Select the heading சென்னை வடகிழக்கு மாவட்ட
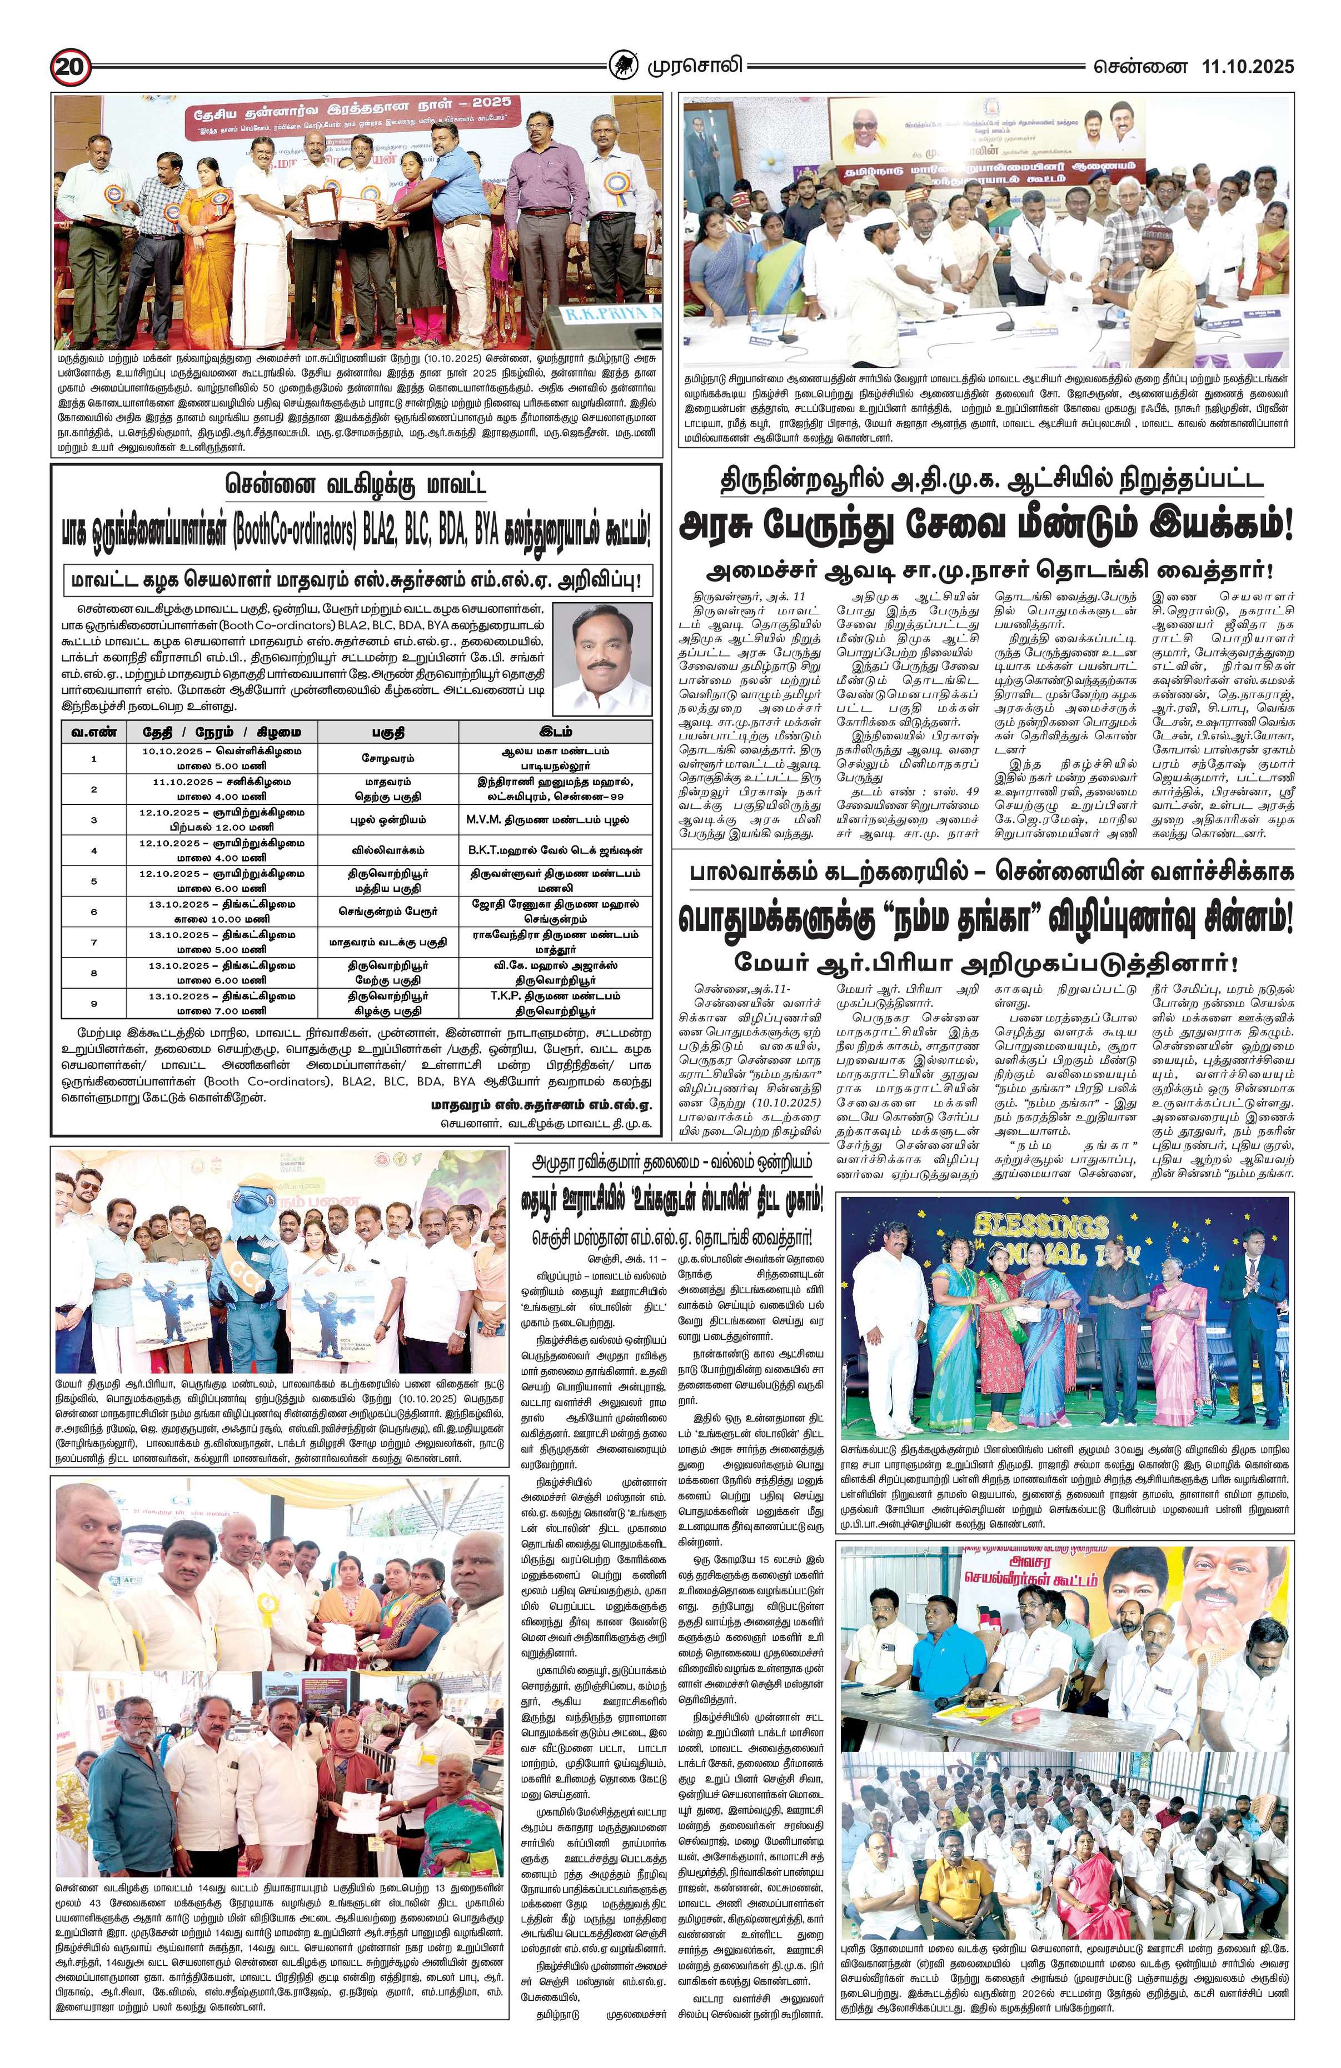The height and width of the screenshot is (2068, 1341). click(x=355, y=483)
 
